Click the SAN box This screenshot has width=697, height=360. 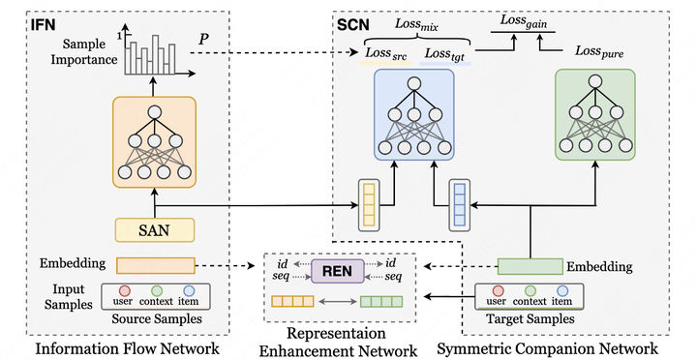click(155, 229)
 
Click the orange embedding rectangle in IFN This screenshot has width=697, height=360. click(155, 264)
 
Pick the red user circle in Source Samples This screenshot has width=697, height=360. click(124, 290)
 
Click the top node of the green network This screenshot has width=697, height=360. click(592, 83)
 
